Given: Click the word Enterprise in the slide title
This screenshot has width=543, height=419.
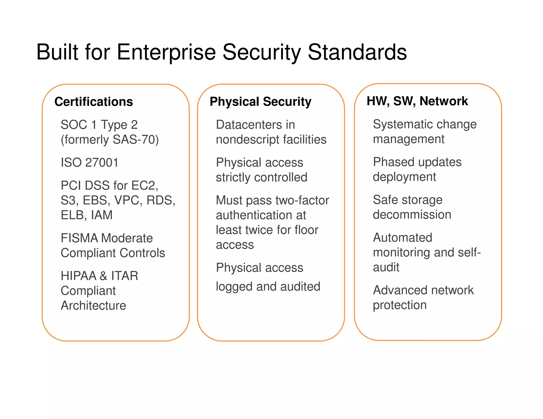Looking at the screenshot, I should point(166,52).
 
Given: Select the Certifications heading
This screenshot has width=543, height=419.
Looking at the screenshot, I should point(94,102).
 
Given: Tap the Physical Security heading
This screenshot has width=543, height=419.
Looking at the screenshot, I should point(260,102).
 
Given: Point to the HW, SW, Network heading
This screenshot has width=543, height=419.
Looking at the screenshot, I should point(417,101).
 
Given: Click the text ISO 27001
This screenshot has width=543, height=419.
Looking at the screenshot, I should point(90,162).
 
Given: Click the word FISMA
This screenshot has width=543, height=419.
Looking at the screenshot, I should point(79,238).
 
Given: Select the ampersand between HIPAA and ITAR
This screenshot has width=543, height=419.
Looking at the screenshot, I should point(103,276).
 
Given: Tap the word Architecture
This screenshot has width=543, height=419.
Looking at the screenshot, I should point(93,305).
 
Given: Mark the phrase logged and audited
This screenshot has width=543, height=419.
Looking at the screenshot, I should point(268,286).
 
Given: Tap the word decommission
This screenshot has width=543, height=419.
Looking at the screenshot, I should point(412,215).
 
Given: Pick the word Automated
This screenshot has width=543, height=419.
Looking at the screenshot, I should point(402,238).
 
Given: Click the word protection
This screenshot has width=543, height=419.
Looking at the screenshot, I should point(400,305).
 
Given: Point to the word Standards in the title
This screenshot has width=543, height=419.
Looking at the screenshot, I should point(357,52).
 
